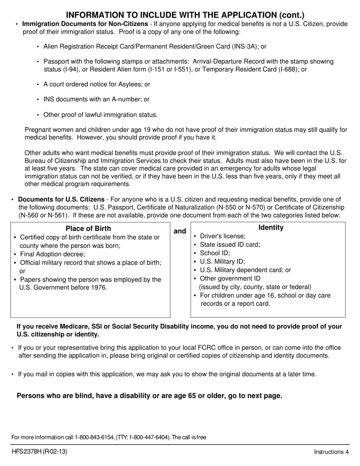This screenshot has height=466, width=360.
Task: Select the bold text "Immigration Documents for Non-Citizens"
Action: [85, 24]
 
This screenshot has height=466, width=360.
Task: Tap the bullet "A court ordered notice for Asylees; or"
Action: [97, 84]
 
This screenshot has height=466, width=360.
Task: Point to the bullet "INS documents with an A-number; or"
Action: [96, 100]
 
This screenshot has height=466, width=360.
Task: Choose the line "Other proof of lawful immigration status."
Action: [100, 115]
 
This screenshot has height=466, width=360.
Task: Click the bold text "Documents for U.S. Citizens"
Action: [61, 200]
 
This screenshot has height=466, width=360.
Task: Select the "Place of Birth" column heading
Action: [88, 228]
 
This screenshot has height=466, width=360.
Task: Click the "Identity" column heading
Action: [271, 228]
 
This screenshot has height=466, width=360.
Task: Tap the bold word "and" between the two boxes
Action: [180, 231]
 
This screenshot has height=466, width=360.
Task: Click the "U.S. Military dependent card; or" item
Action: [245, 270]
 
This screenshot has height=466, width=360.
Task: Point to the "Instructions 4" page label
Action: [331, 452]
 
